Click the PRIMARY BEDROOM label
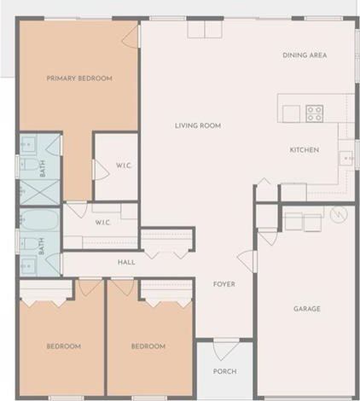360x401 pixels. point(79,78)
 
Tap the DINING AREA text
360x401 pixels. point(305,55)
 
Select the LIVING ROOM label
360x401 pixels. point(198,125)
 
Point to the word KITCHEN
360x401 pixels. point(304,150)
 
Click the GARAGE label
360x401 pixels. point(307,309)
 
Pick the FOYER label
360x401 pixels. point(224,284)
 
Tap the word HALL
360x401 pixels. point(126,262)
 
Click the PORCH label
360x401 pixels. point(224,372)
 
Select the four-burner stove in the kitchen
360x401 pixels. point(315,113)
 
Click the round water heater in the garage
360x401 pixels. point(339,216)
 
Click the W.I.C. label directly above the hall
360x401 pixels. point(103,223)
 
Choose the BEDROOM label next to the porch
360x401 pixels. point(148,346)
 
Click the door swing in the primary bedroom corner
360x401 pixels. point(130,36)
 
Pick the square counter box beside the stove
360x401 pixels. point(292,113)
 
